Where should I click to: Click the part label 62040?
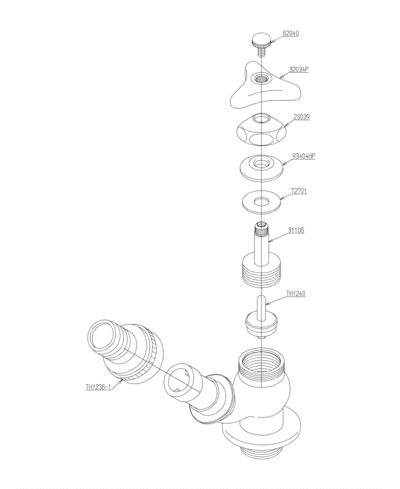[292, 32]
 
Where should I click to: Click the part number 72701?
[298, 191]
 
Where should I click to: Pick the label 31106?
[297, 230]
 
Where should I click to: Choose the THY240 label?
[295, 293]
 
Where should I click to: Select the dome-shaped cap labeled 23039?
[261, 131]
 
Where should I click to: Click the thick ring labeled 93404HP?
[261, 166]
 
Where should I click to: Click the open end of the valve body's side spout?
[181, 385]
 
